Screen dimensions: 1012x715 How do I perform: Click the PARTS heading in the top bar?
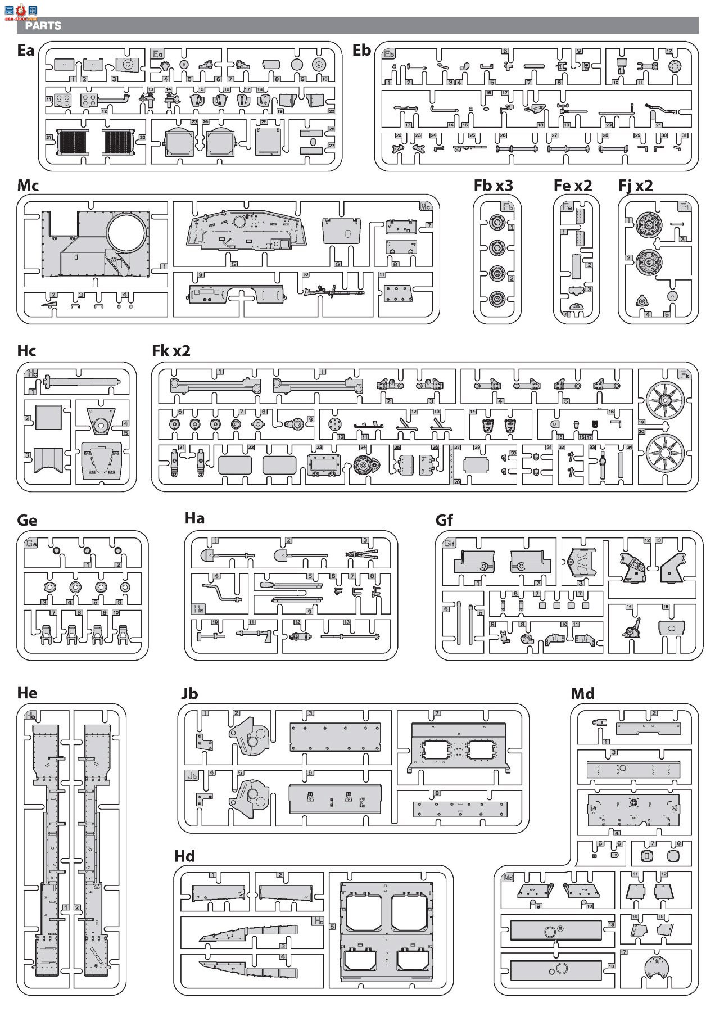(x=43, y=26)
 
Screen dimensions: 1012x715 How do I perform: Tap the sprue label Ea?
(x=26, y=51)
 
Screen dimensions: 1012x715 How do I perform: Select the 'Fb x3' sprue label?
(x=493, y=186)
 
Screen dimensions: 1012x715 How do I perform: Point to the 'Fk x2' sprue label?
(x=171, y=351)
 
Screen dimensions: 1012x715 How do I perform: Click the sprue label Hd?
(x=184, y=856)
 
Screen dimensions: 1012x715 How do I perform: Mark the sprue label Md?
(x=582, y=694)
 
